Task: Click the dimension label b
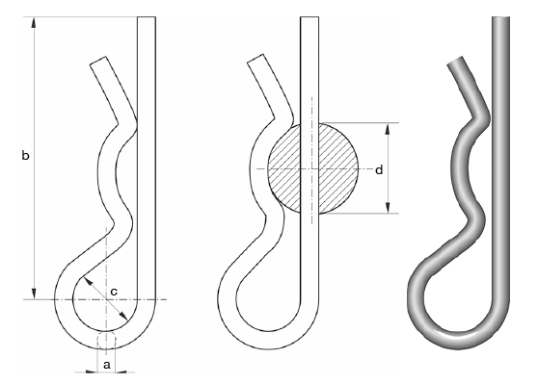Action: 25,156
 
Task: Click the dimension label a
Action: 107,365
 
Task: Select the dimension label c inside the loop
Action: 114,292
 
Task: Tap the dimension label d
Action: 379,170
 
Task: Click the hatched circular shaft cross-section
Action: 313,168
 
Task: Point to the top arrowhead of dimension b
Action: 34,22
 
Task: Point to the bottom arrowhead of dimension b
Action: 34,294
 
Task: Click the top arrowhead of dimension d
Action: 388,128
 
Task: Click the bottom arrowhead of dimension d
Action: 388,208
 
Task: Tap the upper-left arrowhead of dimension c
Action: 88,281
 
